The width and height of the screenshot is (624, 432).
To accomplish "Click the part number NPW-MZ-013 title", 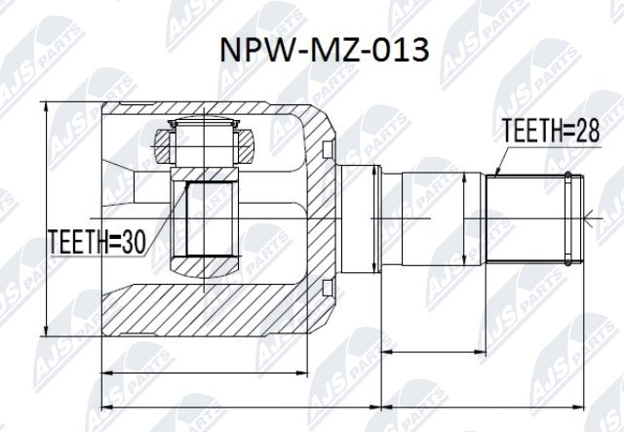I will click(x=321, y=51).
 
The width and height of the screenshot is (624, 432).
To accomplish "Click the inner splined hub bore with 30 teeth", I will click(x=207, y=219).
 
